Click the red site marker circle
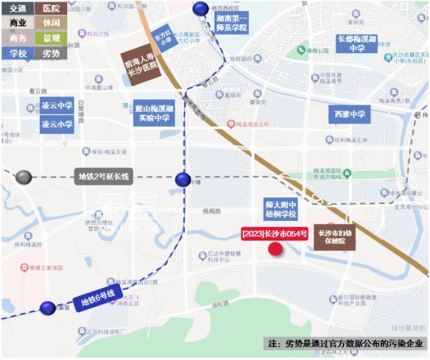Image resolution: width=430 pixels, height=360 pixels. click(275, 250)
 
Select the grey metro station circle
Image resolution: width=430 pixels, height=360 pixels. click(24, 177)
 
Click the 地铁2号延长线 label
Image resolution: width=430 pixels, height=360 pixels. click(103, 177)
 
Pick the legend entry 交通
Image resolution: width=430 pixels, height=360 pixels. click(17, 9)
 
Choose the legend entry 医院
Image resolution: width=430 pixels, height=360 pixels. click(51, 9)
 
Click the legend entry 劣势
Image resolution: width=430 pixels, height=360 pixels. click(51, 53)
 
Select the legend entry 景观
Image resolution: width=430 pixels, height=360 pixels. click(51, 38)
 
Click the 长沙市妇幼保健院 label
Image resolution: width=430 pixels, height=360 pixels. click(334, 237)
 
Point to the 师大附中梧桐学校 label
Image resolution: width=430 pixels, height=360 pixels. click(280, 209)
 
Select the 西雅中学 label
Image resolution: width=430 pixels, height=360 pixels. click(349, 114)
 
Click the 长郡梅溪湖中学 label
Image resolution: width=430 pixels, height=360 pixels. click(356, 43)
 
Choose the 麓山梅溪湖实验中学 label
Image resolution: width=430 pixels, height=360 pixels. click(153, 112)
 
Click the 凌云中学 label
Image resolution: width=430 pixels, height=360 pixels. click(57, 106)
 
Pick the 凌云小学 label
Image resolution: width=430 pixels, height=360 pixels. click(57, 124)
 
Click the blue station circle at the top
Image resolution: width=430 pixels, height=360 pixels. click(201, 8)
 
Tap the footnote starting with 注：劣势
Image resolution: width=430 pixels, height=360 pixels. click(345, 343)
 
